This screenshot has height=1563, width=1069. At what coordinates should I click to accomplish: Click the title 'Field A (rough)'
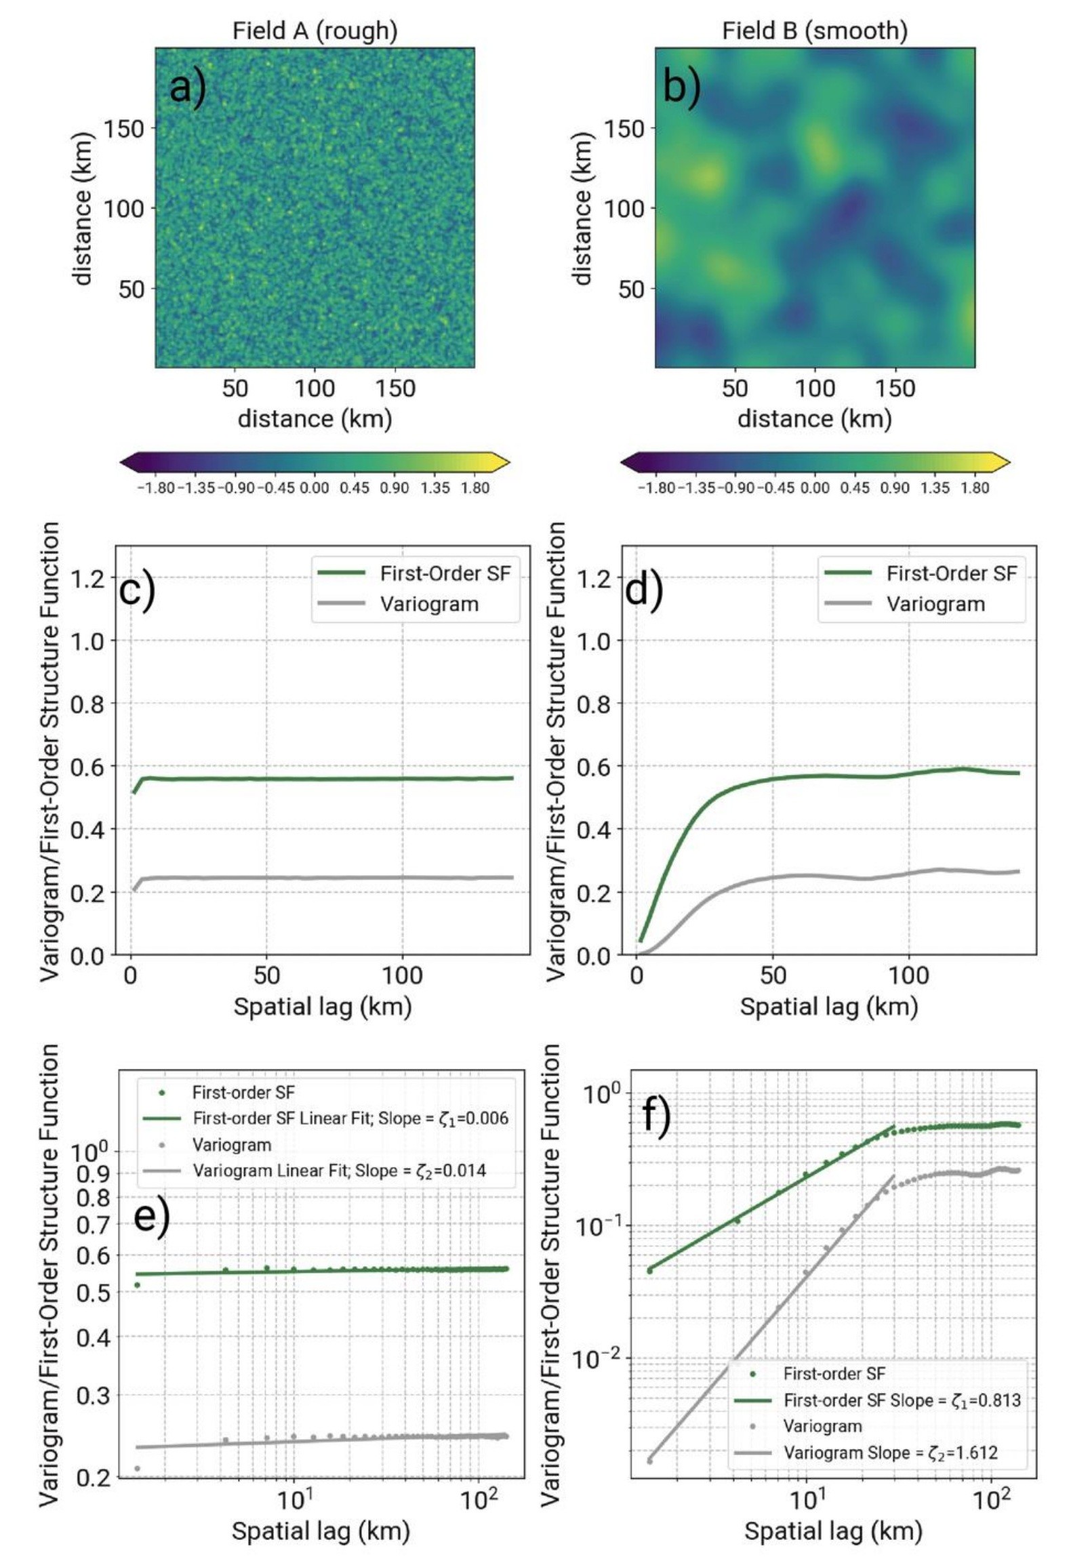(x=315, y=31)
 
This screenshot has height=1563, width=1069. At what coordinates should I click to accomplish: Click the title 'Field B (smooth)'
(x=814, y=31)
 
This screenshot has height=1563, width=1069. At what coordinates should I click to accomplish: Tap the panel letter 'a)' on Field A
(x=187, y=86)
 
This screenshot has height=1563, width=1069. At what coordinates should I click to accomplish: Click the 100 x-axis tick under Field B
(x=814, y=388)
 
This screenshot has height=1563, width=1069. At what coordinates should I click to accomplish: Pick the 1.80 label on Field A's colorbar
(x=475, y=488)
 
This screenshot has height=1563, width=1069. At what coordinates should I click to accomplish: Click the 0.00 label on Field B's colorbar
(x=814, y=488)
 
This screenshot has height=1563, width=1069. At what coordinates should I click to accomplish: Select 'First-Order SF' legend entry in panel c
(x=445, y=573)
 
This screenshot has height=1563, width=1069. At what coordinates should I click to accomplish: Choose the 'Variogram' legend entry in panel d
(x=935, y=604)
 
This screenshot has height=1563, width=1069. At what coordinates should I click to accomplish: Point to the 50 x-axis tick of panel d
(x=773, y=976)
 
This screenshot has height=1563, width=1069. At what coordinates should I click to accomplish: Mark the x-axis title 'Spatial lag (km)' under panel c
(x=323, y=1007)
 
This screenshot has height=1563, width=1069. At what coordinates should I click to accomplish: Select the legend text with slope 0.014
(x=339, y=1171)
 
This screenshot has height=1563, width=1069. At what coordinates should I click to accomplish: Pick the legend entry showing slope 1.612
(x=890, y=1453)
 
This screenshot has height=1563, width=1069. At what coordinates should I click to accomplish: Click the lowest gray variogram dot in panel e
(x=137, y=1468)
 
